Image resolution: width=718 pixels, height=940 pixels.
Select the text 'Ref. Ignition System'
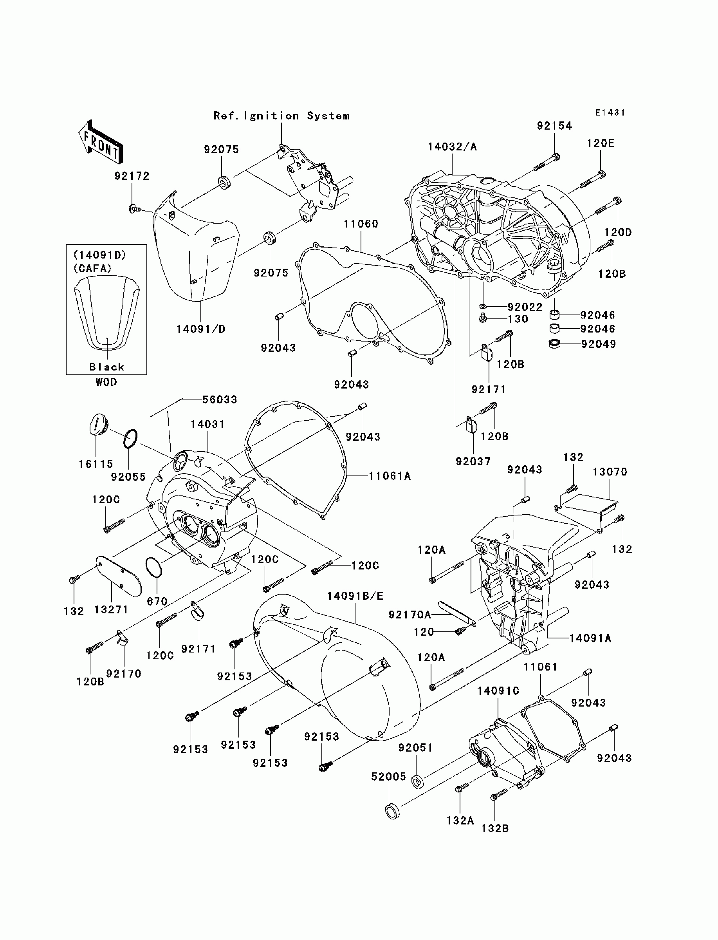coord(281,116)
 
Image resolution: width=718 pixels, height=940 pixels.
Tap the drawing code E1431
coord(610,112)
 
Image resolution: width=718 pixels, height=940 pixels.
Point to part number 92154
coord(554,126)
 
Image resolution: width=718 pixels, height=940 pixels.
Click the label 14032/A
coord(452,146)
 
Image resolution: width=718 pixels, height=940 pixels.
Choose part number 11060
coord(361,224)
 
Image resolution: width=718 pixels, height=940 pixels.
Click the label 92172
coord(132,176)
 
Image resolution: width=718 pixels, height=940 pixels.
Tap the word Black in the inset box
coord(107,367)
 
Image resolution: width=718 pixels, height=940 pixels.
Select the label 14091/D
coord(200,329)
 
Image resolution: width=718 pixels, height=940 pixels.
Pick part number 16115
coord(96,464)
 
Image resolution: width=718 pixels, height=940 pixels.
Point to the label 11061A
coord(390,476)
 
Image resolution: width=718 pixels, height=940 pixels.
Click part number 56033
coord(220,399)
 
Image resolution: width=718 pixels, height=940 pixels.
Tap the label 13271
coord(111,609)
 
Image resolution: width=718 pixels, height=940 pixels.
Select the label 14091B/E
coord(355,596)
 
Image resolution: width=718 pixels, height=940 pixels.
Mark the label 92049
coord(598,344)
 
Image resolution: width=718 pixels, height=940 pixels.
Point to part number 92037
coord(473,461)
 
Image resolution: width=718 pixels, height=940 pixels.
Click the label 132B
coord(495,828)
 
